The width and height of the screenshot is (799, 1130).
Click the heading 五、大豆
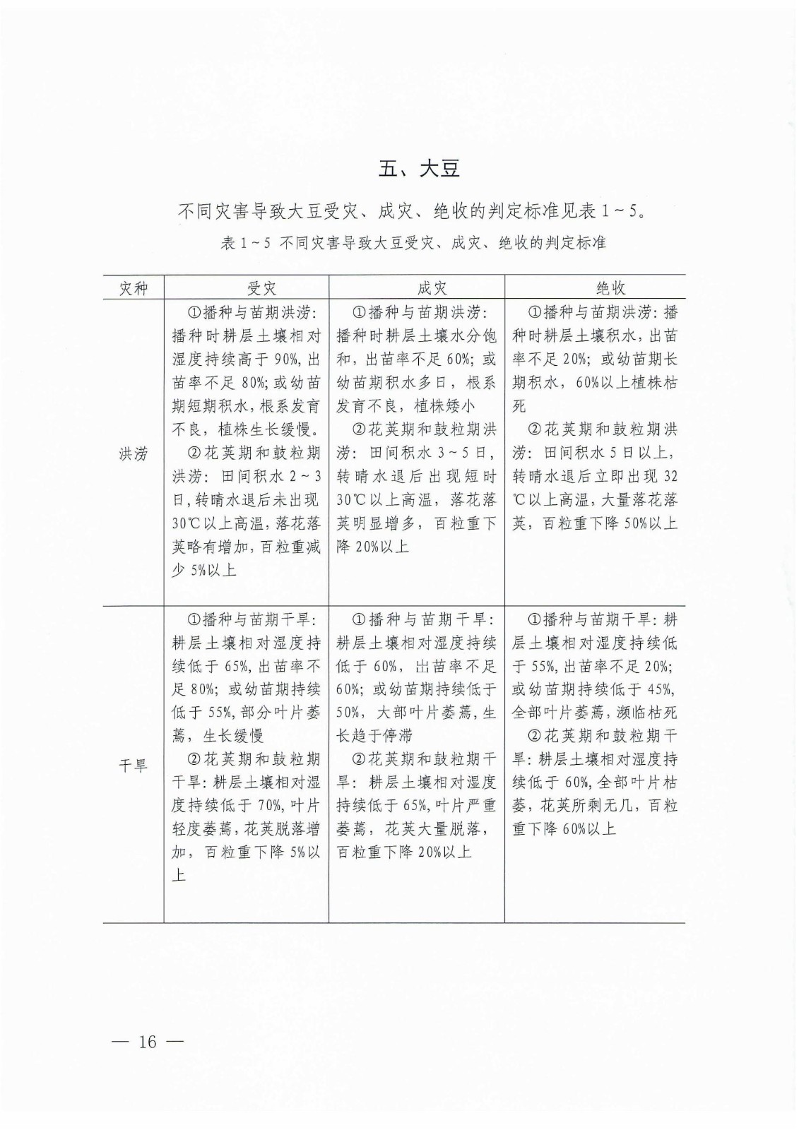(419, 169)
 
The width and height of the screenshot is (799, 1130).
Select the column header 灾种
(133, 288)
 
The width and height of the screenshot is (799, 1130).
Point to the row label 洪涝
(133, 454)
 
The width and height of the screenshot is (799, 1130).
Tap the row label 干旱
(133, 766)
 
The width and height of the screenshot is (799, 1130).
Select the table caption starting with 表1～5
(413, 243)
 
